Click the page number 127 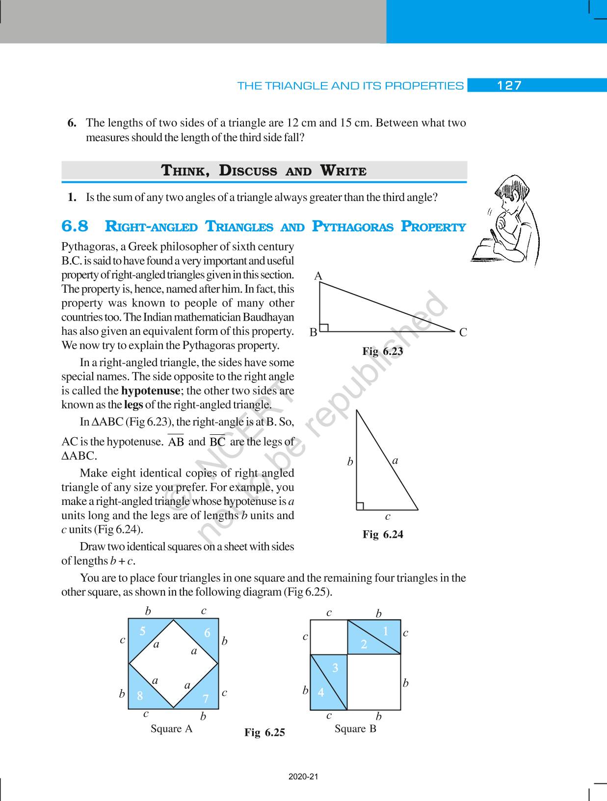(x=509, y=86)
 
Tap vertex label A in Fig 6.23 (x=318, y=276)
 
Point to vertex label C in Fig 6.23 (x=463, y=333)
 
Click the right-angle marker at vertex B (x=324, y=327)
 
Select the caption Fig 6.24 (x=383, y=534)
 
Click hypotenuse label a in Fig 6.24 (x=395, y=460)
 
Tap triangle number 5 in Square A (x=142, y=631)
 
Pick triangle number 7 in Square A (x=206, y=699)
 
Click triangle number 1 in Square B (x=385, y=631)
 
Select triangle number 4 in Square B (x=321, y=692)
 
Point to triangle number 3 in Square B (x=335, y=668)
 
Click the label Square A (x=171, y=729)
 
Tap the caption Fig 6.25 (x=264, y=733)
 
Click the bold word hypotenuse (x=151, y=391)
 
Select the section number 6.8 (x=75, y=226)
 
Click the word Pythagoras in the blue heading (x=352, y=227)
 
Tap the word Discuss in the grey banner (x=248, y=171)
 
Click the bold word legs (x=133, y=405)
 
